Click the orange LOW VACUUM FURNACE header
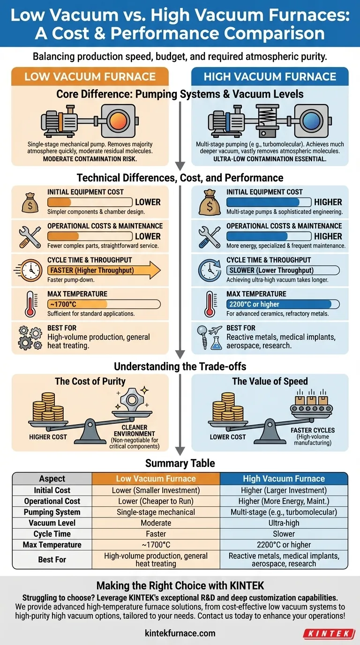pyautogui.click(x=90, y=76)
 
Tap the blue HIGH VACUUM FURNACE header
pyautogui.click(x=270, y=76)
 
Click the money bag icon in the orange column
pyautogui.click(x=29, y=202)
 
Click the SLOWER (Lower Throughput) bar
pyautogui.click(x=283, y=270)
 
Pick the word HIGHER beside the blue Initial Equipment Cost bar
pyautogui.click(x=328, y=202)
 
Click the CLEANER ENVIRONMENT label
pyautogui.click(x=135, y=430)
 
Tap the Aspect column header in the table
pyautogui.click(x=52, y=479)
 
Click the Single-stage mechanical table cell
pyautogui.click(x=156, y=512)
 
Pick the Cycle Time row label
pyautogui.click(x=52, y=534)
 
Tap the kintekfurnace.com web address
pyautogui.click(x=180, y=633)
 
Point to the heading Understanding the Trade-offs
pyautogui.click(x=180, y=367)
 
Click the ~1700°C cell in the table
pyautogui.click(x=156, y=545)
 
